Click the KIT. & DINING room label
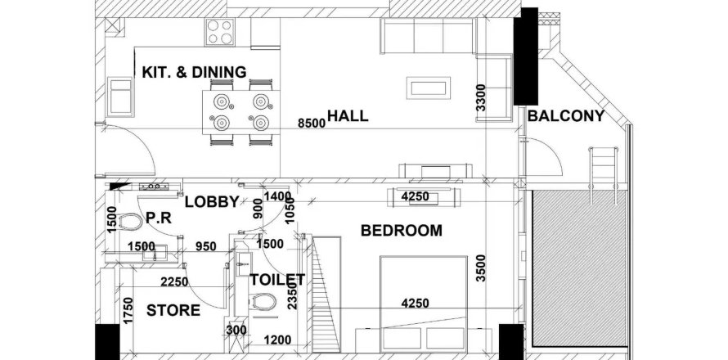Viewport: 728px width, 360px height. tap(194, 72)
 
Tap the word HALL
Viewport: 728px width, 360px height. tap(348, 115)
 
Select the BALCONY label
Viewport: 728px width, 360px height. tap(566, 115)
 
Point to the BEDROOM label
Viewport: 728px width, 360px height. tap(402, 231)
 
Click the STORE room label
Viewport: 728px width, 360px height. tap(173, 310)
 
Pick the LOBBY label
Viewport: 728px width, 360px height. tap(212, 201)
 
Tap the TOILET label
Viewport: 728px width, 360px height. tap(277, 280)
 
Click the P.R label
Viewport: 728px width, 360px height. tap(159, 218)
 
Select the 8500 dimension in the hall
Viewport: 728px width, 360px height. tap(312, 123)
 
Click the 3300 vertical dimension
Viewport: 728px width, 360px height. tap(481, 97)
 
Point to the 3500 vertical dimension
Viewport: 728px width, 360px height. tap(481, 268)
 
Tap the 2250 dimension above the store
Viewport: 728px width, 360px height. tap(174, 282)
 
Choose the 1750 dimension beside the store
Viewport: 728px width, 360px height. tap(128, 311)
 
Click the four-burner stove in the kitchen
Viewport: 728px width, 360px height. tap(219, 32)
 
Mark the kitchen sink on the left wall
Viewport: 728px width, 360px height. tap(120, 97)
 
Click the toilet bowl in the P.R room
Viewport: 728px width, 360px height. tap(130, 222)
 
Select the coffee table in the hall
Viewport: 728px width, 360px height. tap(428, 88)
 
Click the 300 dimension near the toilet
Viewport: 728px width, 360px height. tap(236, 331)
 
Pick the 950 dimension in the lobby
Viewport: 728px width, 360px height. tap(205, 246)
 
